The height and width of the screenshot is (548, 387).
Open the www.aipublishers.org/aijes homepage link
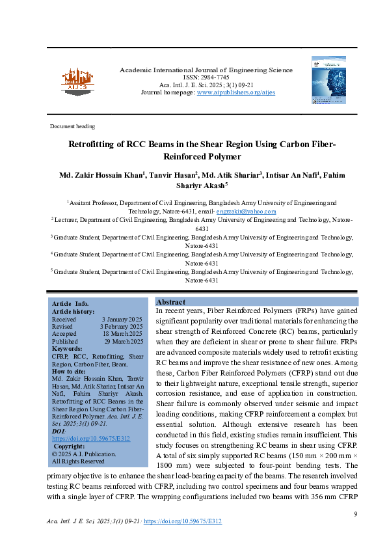[x=236, y=92]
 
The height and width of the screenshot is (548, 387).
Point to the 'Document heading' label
[x=72, y=126]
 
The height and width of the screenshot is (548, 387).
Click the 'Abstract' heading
[x=171, y=303]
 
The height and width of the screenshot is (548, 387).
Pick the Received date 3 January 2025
[x=122, y=320]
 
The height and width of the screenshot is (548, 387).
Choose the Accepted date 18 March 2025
[x=123, y=334]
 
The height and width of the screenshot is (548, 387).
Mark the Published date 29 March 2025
[x=123, y=341]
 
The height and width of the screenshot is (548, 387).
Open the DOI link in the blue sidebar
[x=90, y=439]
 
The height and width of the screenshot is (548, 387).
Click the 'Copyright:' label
[x=70, y=446]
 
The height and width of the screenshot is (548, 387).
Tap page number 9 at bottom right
[x=356, y=515]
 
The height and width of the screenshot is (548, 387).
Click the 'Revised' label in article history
[x=62, y=327]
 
